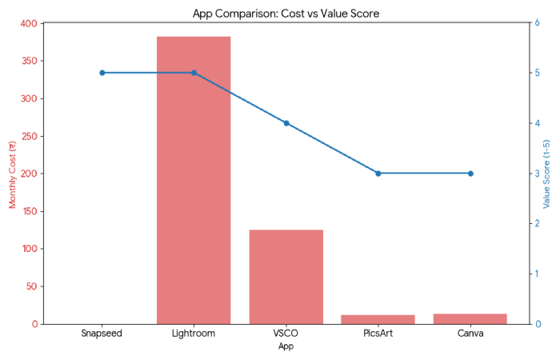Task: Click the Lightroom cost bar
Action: pyautogui.click(x=194, y=180)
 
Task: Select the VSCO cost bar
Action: pyautogui.click(x=286, y=277)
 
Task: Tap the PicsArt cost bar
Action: pyautogui.click(x=378, y=319)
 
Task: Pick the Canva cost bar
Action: pyautogui.click(x=470, y=318)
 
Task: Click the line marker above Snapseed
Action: pyautogui.click(x=102, y=73)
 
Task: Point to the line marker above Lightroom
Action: pyautogui.click(x=194, y=73)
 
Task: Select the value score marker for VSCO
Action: pyautogui.click(x=286, y=123)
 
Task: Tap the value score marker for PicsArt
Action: pyautogui.click(x=378, y=173)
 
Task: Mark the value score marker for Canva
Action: pyautogui.click(x=470, y=173)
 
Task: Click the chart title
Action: pyautogui.click(x=286, y=14)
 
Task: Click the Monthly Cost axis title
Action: pyautogui.click(x=12, y=174)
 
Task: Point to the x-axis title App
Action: pyautogui.click(x=286, y=346)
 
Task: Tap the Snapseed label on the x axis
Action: pyautogui.click(x=102, y=334)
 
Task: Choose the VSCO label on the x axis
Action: pyautogui.click(x=286, y=334)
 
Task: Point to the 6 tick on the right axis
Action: pyautogui.click(x=538, y=23)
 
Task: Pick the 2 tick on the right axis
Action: pyautogui.click(x=538, y=224)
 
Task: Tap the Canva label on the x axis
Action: pyautogui.click(x=470, y=334)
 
